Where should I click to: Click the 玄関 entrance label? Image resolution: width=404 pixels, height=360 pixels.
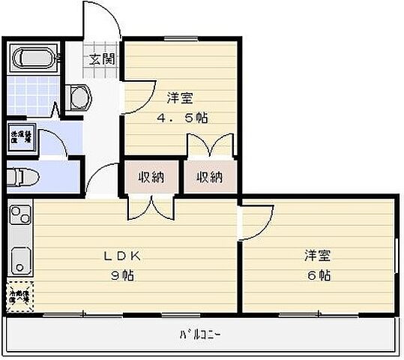tap(102, 61)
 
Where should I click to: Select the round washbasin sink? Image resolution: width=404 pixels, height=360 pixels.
tap(78, 97)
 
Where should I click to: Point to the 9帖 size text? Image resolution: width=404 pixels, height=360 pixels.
tap(123, 274)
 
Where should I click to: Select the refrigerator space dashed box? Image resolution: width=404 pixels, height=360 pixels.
tap(20, 295)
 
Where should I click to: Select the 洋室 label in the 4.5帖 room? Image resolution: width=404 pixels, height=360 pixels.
tap(181, 97)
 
